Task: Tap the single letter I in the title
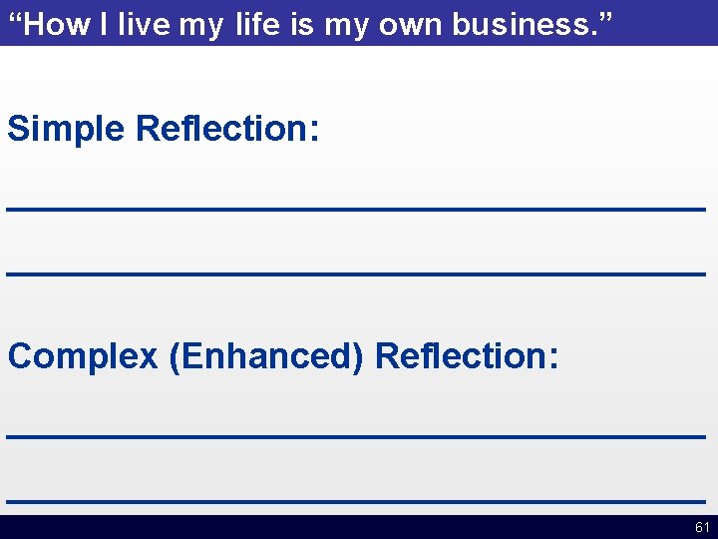[x=104, y=25]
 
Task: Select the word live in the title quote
[x=143, y=25]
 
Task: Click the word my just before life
[x=201, y=27]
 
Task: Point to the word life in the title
[x=259, y=25]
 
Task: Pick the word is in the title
[x=301, y=25]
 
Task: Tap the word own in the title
[x=409, y=25]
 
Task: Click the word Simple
[x=67, y=130]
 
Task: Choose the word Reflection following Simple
[x=226, y=129]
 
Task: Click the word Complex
[x=83, y=356]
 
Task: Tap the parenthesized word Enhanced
[x=266, y=356]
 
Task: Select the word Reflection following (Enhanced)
[x=467, y=355]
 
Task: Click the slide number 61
[x=702, y=527]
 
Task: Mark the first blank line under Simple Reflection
[x=356, y=209]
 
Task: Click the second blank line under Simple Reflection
[x=356, y=272]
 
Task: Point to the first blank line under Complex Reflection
[x=356, y=436]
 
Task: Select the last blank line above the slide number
[x=356, y=500]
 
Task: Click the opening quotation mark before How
[x=13, y=20]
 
